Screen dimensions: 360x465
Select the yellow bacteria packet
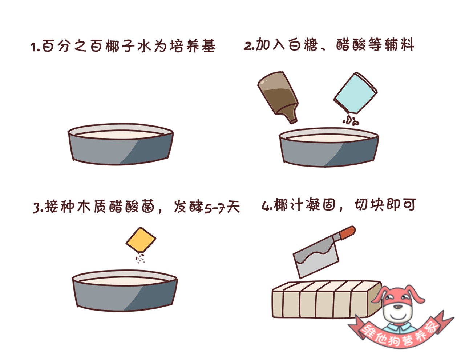tap(141, 240)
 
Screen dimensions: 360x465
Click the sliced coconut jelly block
tap(320, 300)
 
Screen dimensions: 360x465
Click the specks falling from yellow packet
tap(140, 259)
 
